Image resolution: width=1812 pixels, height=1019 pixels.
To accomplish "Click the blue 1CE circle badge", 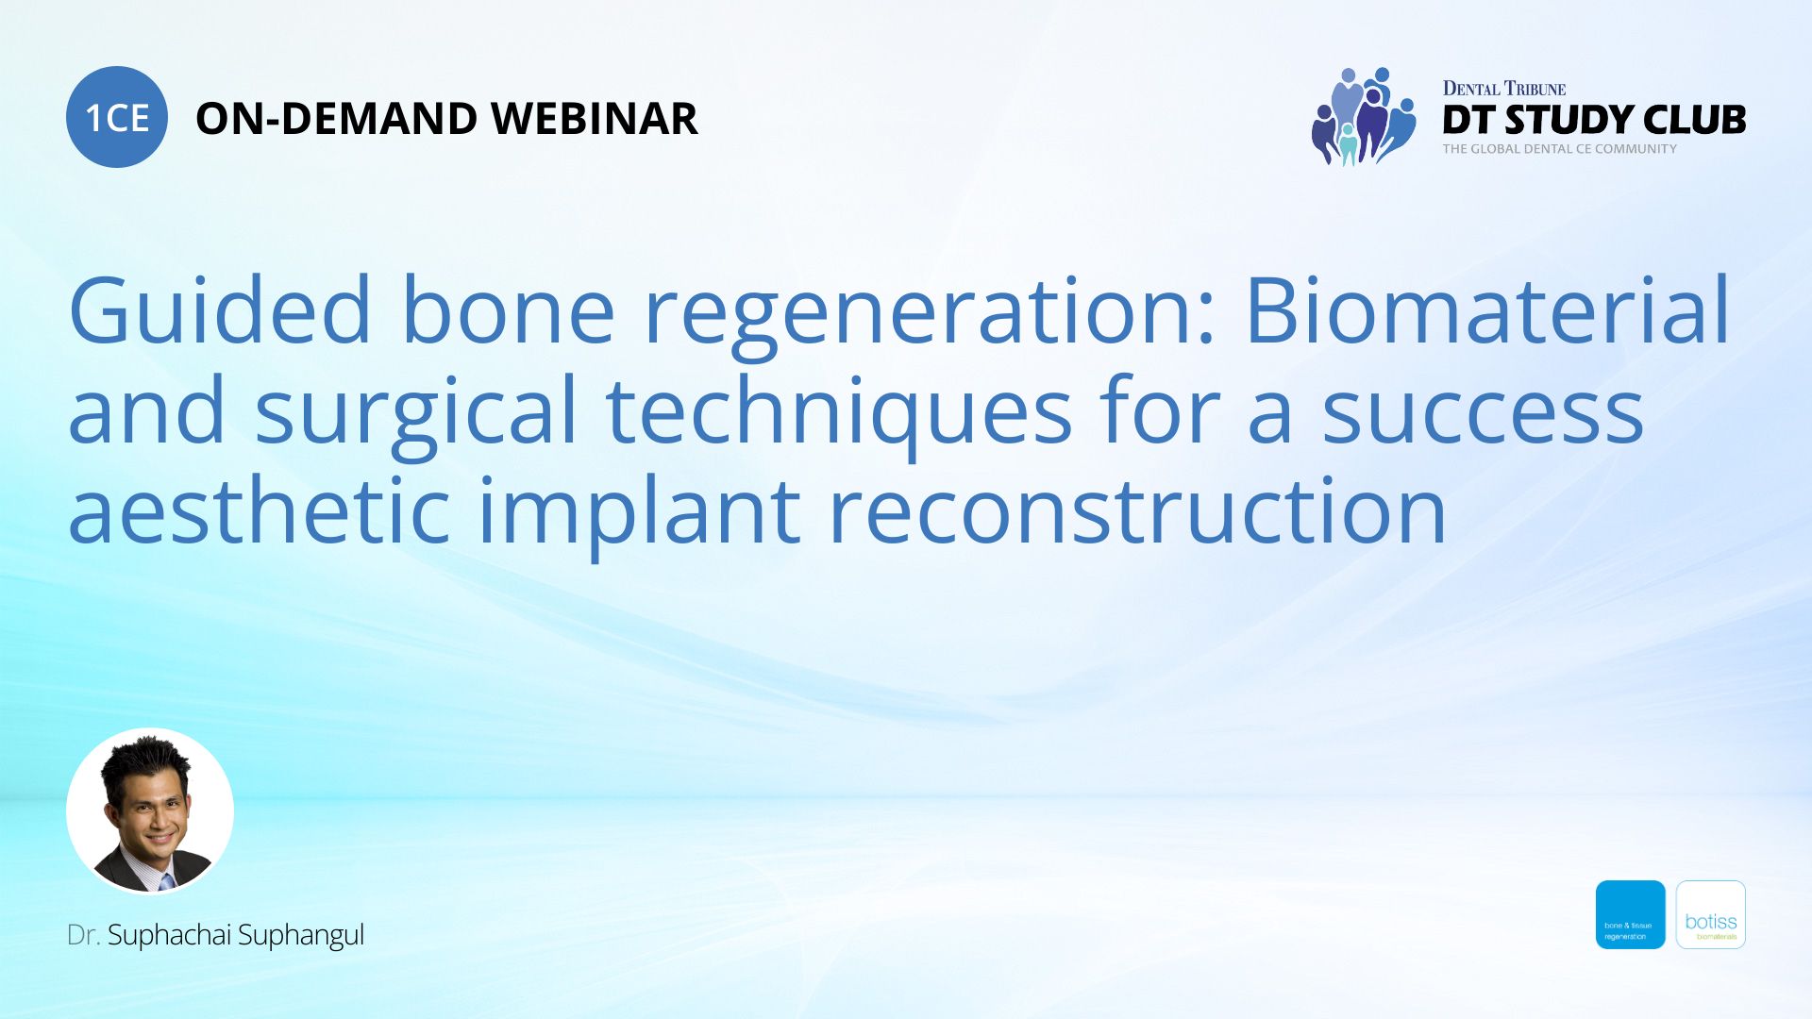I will pos(116,117).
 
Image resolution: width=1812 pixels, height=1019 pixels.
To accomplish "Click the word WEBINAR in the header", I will pos(594,119).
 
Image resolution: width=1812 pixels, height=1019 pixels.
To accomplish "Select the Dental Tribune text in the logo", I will pos(1503,89).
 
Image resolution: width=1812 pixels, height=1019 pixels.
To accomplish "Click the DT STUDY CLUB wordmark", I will pos(1593,120).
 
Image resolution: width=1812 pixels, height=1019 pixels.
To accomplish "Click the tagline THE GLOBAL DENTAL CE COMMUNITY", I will pos(1559,149).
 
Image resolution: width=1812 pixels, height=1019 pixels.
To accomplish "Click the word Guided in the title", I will pos(220,310).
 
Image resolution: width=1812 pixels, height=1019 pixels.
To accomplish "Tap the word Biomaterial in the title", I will pos(1487,310).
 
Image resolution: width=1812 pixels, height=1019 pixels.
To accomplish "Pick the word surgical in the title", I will pos(415,412).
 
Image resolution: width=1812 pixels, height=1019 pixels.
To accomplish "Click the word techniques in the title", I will pos(838,412).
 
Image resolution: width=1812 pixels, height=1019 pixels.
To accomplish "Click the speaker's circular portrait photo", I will pos(150,810).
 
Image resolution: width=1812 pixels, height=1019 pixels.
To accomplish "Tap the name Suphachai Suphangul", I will pos(235,935).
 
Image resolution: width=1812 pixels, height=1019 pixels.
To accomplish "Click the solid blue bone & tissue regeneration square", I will pos(1630,914).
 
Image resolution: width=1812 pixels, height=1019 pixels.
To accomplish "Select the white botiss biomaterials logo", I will pos(1710,914).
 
